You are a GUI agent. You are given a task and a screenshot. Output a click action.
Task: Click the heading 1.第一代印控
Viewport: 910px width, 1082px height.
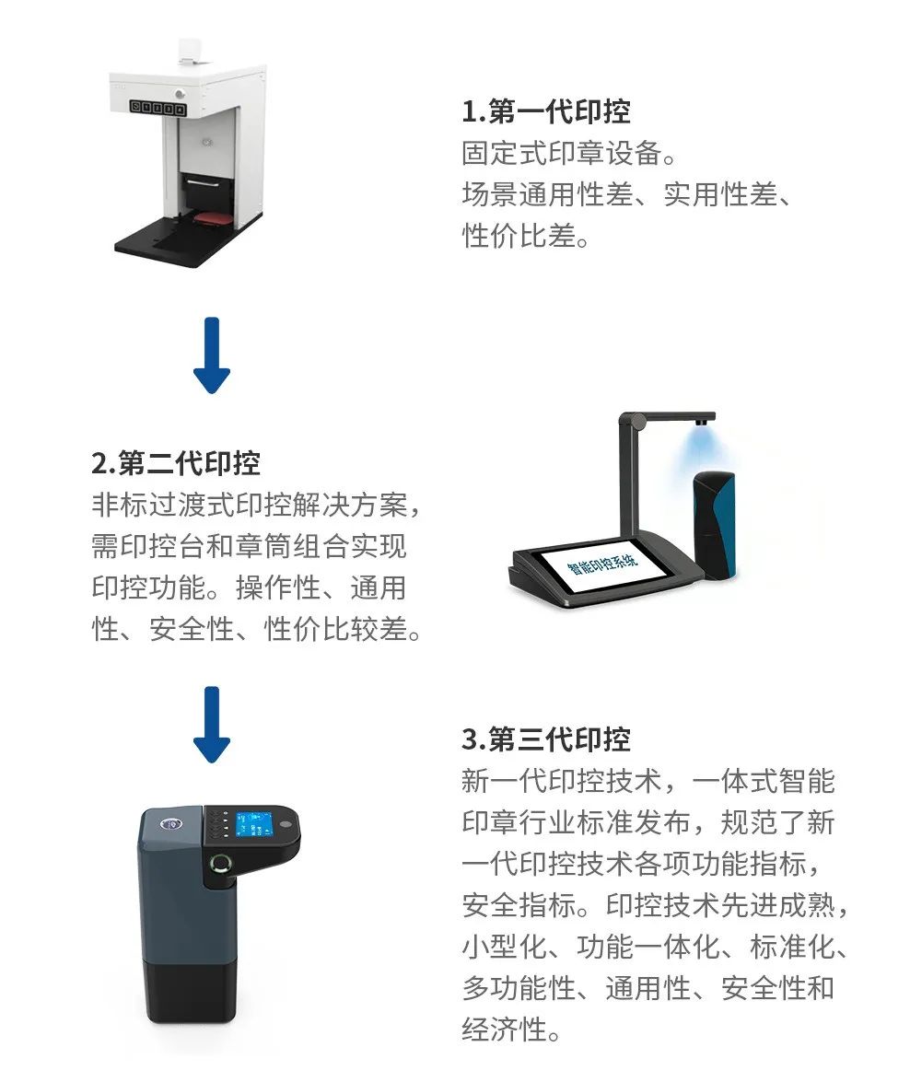click(x=545, y=111)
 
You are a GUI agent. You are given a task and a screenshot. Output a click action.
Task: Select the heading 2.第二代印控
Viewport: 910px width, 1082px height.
click(x=175, y=463)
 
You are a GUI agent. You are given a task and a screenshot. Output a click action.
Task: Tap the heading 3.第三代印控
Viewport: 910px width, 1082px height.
click(x=545, y=739)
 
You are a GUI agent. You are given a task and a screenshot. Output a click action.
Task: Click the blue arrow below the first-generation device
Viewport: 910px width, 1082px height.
click(x=211, y=355)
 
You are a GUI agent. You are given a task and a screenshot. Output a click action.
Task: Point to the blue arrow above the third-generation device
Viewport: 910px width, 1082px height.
click(x=211, y=725)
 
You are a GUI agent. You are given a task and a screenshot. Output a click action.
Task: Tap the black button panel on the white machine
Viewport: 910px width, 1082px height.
click(x=158, y=107)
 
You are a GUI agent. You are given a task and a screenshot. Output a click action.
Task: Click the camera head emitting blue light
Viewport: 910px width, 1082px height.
click(x=704, y=420)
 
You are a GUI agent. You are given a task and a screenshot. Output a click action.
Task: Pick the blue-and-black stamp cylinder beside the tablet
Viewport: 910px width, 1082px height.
click(x=715, y=525)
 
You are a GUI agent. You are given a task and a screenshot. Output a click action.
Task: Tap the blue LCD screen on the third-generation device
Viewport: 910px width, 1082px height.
click(x=253, y=824)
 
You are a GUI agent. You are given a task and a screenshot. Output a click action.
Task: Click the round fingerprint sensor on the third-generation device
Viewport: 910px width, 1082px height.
click(x=221, y=863)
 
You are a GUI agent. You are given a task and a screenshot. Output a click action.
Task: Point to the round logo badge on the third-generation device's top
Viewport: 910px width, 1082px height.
click(x=169, y=823)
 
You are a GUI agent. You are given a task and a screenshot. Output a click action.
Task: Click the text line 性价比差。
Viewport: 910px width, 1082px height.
click(x=526, y=236)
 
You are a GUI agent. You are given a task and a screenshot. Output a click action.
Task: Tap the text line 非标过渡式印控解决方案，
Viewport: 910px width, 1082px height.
click(x=256, y=506)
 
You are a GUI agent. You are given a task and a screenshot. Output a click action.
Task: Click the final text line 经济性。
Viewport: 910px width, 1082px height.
click(x=511, y=1030)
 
